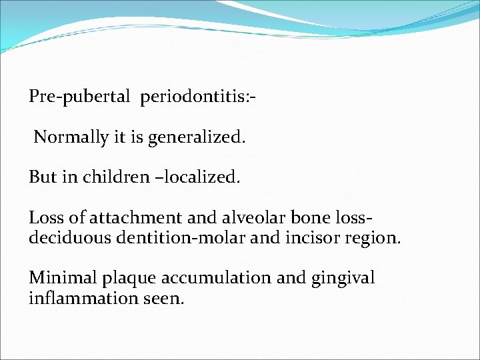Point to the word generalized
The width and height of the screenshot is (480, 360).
click(x=197, y=137)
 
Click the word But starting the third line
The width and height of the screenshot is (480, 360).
click(x=42, y=177)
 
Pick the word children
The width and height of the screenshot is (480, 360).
click(x=107, y=177)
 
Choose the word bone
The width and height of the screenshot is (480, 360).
click(x=311, y=218)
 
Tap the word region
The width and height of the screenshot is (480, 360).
click(x=373, y=238)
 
